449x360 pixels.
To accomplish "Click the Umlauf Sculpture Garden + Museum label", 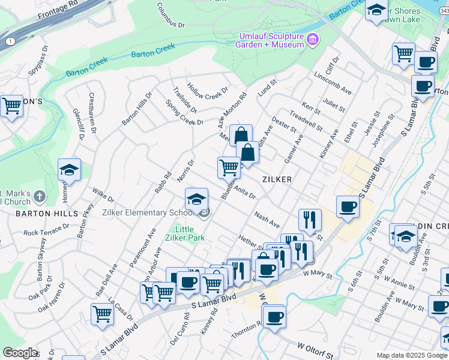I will [271, 40].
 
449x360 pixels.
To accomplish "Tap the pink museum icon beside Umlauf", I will [312, 40].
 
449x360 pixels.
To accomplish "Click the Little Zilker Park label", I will [189, 233].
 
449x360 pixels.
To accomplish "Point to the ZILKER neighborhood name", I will [276, 179].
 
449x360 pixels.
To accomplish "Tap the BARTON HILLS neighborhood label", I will [47, 213].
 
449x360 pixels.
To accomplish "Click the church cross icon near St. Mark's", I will [39, 196].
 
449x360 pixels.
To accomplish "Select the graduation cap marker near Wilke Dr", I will [70, 170].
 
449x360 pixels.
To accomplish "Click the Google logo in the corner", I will [20, 353].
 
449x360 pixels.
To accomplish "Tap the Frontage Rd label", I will [58, 10].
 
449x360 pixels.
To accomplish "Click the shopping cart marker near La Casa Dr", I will [103, 314].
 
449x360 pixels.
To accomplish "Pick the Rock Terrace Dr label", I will [47, 231].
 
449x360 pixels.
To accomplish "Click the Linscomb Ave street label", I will [333, 83].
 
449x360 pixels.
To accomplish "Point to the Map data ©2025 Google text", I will [412, 355].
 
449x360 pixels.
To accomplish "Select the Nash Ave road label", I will [267, 220].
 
